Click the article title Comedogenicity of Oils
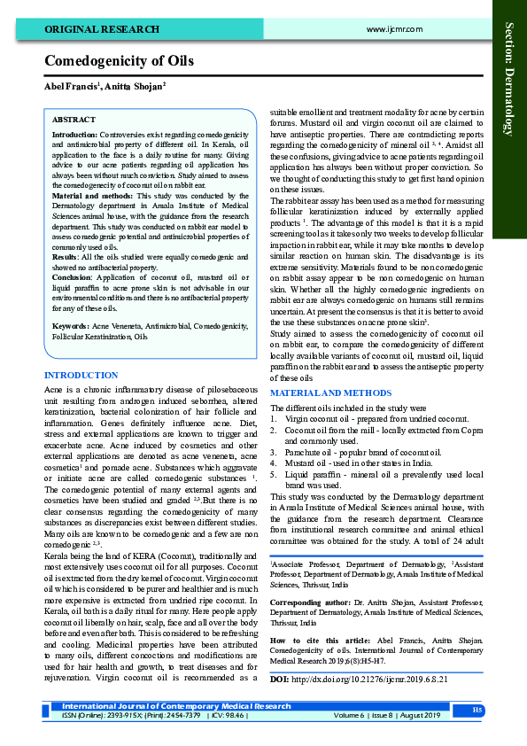[x=119, y=61]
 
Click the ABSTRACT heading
[x=74, y=118]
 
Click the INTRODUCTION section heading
[x=81, y=376]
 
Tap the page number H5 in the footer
[x=477, y=709]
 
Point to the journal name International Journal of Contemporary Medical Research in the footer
[x=176, y=706]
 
